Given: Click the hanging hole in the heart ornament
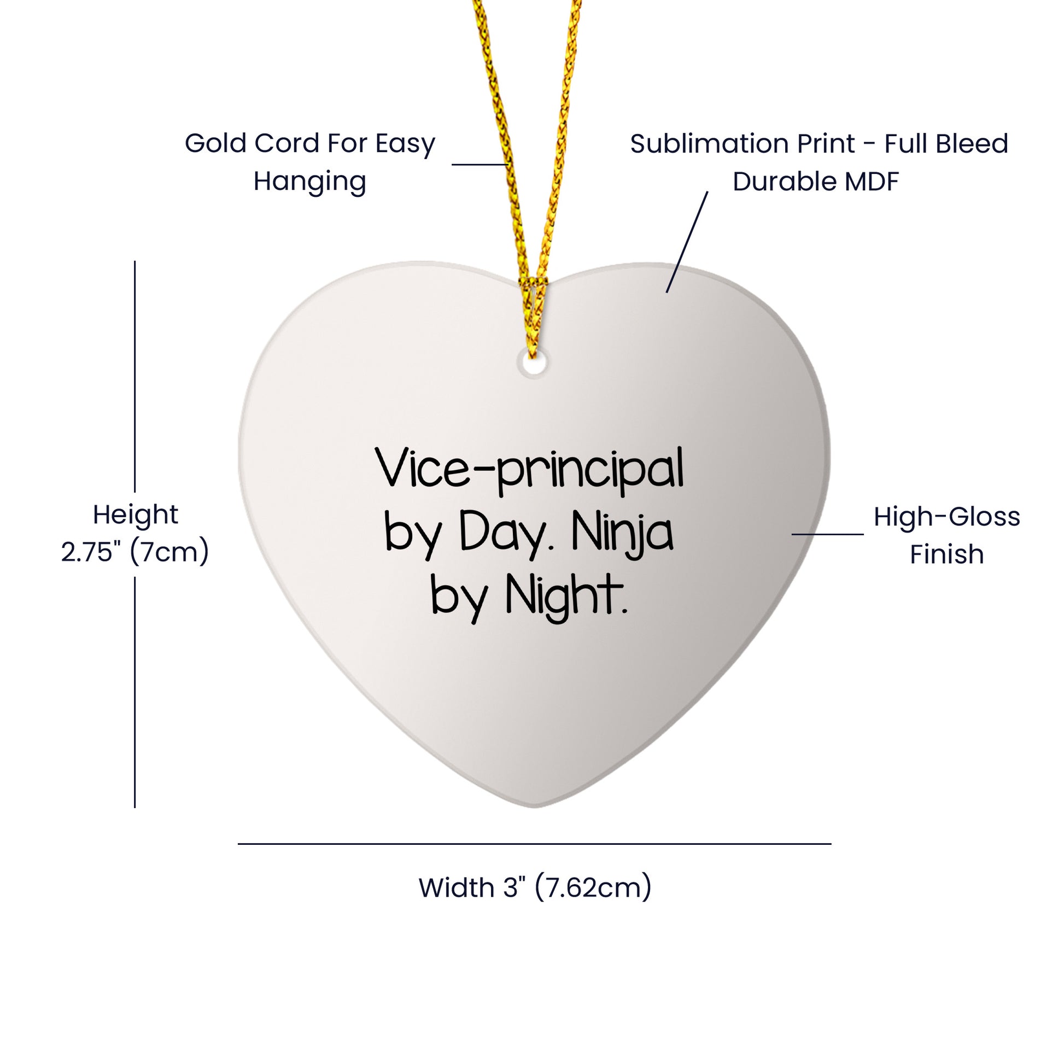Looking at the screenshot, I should click(533, 363).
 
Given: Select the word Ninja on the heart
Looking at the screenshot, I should click(622, 533).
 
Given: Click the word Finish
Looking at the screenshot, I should click(946, 554).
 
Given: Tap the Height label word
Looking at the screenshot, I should click(136, 515).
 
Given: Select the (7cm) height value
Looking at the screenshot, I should click(169, 552).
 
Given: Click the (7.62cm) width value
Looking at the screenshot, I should click(593, 888).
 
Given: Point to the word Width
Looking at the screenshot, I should click(457, 888).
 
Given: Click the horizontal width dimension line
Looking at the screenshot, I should click(534, 843).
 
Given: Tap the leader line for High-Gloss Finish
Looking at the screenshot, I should click(827, 534).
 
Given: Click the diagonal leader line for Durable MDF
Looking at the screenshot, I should click(687, 242).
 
